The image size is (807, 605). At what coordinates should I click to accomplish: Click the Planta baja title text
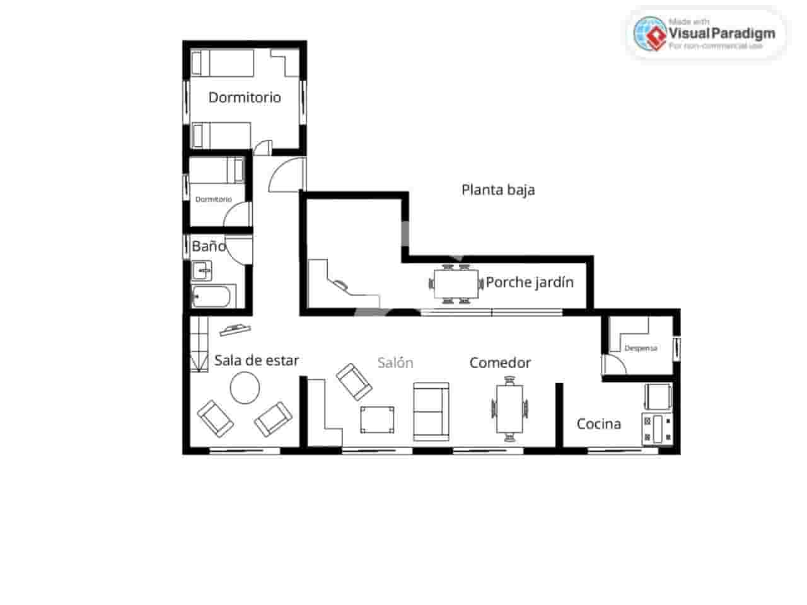498,190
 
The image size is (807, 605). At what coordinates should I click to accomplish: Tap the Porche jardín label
530,282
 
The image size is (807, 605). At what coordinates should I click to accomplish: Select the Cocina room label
599,424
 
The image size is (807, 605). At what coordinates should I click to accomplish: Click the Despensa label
641,348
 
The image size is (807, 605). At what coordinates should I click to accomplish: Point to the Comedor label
500,363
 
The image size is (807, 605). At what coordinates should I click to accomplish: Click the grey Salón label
395,363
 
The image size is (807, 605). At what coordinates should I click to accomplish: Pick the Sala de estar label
257,360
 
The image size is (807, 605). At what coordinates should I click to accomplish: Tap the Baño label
209,246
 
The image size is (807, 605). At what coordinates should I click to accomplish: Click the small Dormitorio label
213,199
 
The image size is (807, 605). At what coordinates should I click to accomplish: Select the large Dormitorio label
245,98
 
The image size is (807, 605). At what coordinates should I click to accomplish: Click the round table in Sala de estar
245,388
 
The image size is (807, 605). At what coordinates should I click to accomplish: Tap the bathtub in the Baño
214,296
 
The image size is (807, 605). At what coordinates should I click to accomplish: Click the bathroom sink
202,272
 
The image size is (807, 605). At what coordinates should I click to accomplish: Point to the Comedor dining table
509,408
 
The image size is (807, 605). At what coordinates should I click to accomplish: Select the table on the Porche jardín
456,283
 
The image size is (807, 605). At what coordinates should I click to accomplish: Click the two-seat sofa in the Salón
431,411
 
